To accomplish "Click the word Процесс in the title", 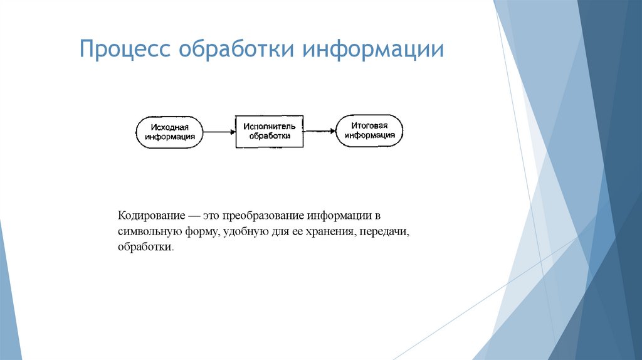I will click(125, 50).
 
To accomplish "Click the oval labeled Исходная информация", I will click(169, 132).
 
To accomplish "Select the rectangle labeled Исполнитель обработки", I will click(269, 131).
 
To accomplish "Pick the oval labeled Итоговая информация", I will click(369, 130).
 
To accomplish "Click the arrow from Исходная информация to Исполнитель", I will click(219, 132).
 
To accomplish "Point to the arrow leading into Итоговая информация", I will click(319, 131).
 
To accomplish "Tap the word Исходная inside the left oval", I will click(169, 127).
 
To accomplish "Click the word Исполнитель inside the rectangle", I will click(269, 126).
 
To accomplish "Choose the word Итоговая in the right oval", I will click(369, 125).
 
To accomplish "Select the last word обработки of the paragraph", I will click(143, 248).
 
